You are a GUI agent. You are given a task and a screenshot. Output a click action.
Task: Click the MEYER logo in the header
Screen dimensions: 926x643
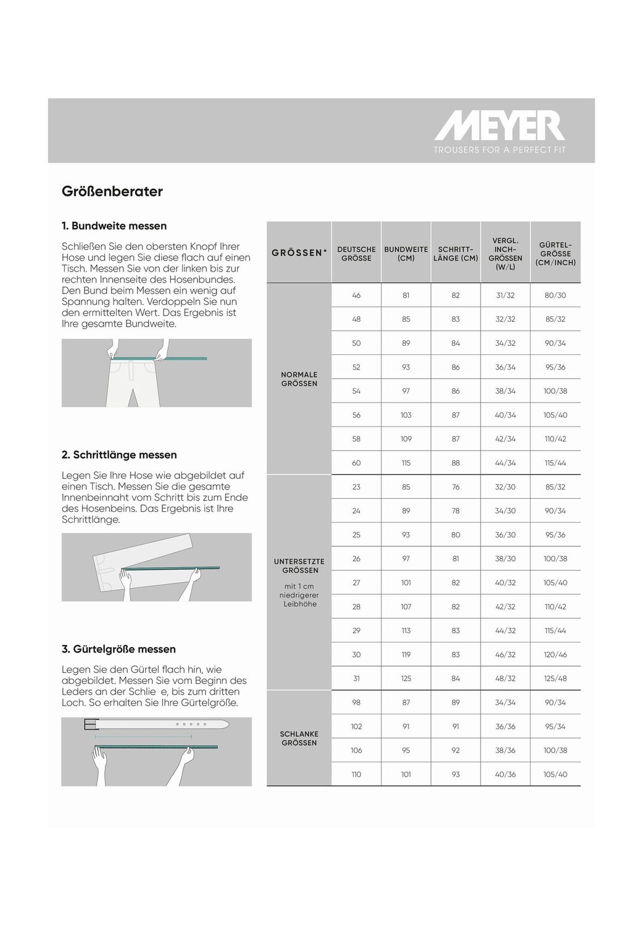499,126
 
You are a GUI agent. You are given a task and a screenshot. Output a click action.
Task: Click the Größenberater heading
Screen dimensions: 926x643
112,191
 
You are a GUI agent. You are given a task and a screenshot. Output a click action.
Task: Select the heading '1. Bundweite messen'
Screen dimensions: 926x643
114,226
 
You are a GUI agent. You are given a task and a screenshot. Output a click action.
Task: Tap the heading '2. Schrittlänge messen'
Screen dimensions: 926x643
119,455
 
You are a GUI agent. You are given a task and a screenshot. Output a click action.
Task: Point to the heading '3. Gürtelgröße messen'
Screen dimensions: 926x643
118,649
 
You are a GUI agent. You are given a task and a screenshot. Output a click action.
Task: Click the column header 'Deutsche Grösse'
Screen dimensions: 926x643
356,254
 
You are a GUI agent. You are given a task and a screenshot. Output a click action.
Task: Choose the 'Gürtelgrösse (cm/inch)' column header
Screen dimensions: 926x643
555,254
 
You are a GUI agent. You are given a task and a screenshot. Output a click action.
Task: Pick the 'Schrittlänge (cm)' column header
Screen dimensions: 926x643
455,254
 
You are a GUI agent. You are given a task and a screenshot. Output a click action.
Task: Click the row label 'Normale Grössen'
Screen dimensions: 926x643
299,379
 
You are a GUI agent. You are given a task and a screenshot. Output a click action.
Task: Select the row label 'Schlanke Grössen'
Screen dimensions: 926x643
299,738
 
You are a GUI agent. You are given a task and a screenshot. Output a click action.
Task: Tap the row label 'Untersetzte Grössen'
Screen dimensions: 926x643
299,566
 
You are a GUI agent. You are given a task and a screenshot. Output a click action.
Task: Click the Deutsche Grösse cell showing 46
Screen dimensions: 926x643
356,296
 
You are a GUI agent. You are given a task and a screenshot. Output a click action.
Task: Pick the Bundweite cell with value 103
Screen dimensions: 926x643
406,415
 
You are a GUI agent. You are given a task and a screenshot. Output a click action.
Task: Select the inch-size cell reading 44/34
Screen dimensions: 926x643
505,463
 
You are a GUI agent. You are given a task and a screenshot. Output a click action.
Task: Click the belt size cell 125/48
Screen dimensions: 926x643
555,678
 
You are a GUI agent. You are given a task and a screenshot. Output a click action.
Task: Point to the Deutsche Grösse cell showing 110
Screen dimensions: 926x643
356,775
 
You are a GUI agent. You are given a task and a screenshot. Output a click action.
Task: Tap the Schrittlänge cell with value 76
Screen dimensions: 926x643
455,487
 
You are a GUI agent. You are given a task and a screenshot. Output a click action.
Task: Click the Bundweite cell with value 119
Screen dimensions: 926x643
406,655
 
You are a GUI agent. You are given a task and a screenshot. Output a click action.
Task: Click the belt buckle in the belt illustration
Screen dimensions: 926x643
90,725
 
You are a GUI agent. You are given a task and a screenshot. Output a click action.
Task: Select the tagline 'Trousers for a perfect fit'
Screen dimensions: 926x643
499,150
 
